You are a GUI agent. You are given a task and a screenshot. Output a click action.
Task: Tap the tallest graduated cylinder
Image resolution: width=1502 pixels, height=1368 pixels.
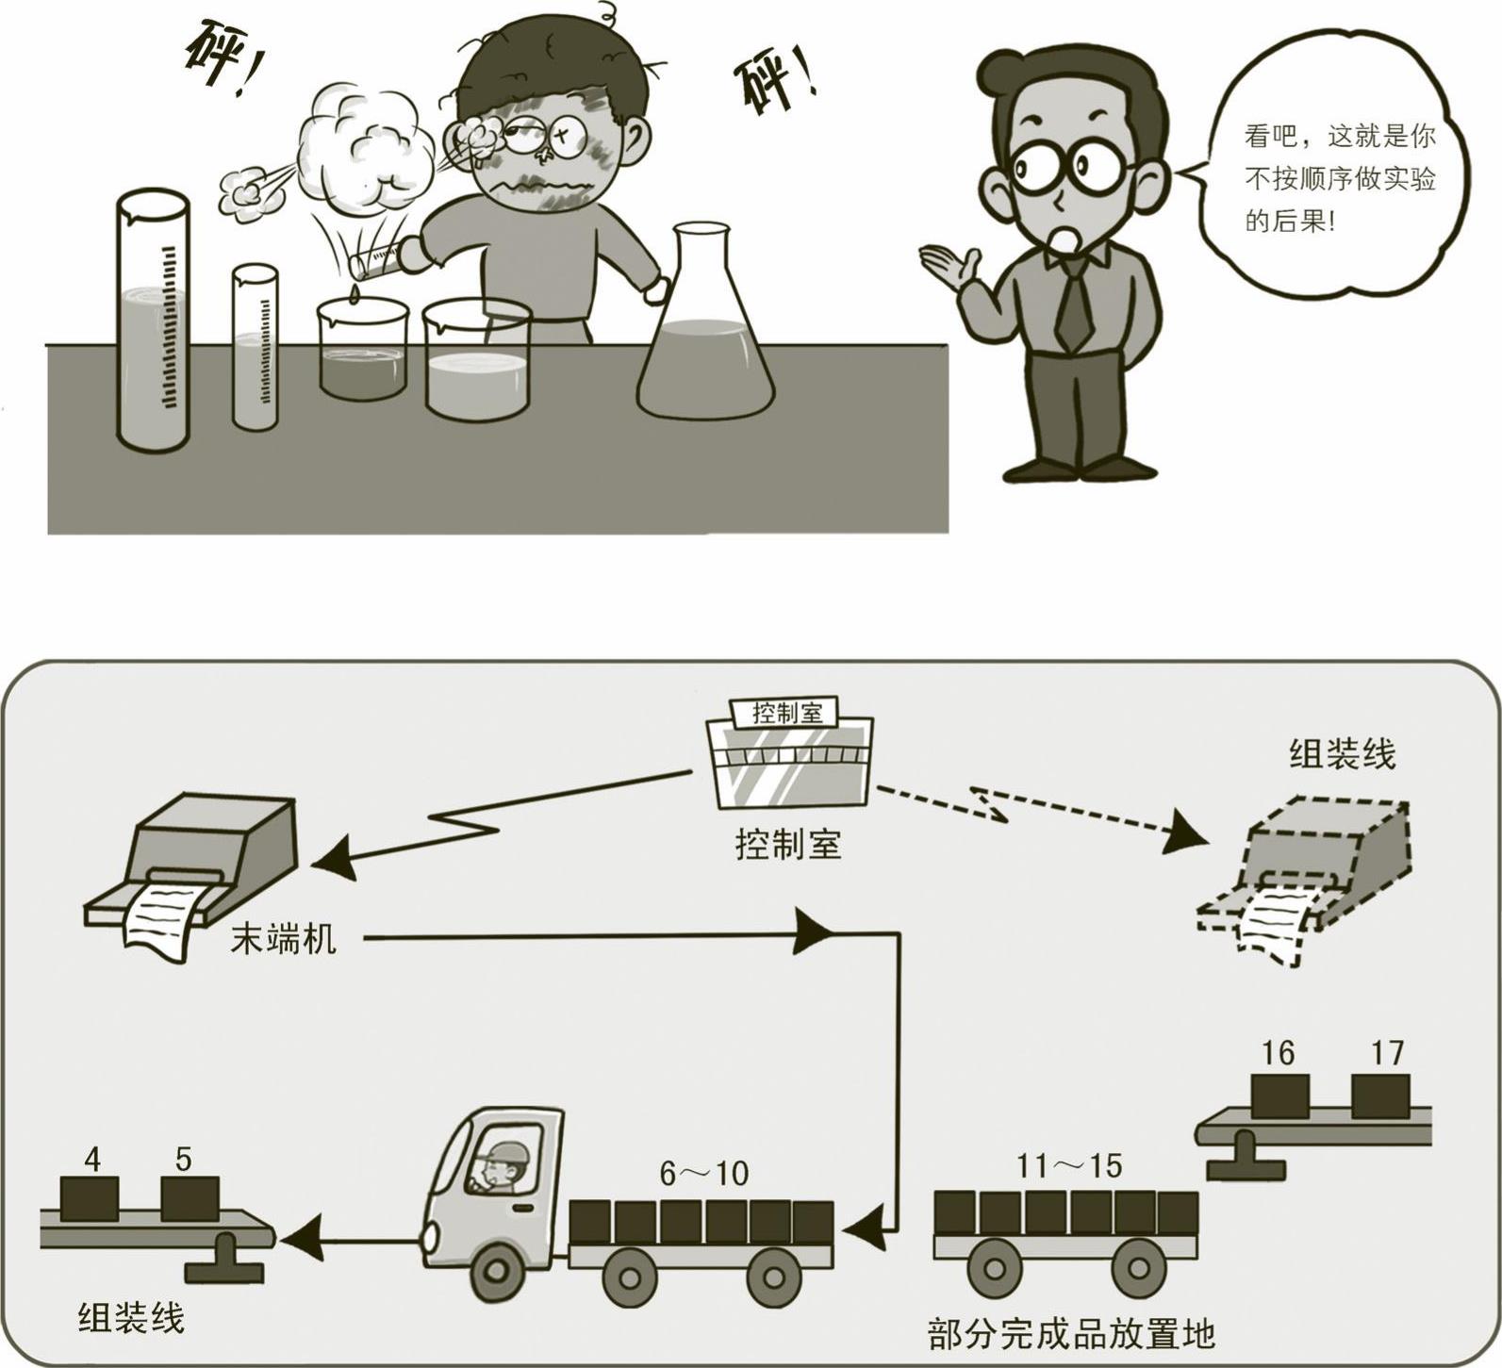click(x=153, y=321)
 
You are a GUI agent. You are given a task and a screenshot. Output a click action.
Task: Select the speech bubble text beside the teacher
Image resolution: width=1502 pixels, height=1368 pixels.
click(x=1339, y=179)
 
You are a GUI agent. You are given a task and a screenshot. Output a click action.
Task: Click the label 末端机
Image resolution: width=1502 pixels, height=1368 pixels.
click(x=283, y=939)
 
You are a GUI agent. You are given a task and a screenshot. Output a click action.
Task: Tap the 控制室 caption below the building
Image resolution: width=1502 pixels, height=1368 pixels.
click(x=787, y=844)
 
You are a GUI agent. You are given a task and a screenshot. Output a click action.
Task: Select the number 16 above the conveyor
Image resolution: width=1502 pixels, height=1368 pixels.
click(x=1278, y=1053)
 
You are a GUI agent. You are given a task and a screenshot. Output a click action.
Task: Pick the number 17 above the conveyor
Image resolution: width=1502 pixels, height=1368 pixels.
click(x=1387, y=1052)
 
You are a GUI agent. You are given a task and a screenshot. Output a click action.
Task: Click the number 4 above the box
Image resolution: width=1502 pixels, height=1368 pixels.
click(x=91, y=1159)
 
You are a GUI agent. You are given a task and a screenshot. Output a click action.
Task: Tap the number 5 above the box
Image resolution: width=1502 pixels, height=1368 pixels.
click(x=184, y=1159)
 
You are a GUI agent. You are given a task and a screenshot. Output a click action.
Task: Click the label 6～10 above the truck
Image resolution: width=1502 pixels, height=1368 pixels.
click(x=703, y=1174)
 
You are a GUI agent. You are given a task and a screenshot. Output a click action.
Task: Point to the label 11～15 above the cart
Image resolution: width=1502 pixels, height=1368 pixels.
click(x=1069, y=1166)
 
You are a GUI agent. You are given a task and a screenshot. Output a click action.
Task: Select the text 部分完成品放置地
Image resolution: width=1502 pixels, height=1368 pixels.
click(x=1071, y=1333)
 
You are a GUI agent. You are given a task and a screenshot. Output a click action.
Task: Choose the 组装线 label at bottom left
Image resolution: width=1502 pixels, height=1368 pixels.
click(x=131, y=1317)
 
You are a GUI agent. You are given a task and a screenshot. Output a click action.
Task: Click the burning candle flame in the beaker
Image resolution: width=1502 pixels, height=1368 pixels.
click(x=354, y=295)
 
